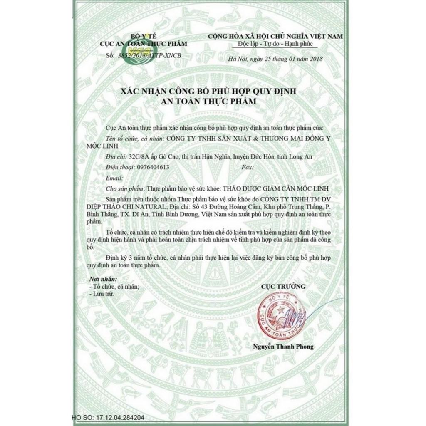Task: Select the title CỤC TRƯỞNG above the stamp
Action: coord(283,287)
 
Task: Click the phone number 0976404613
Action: coord(153,167)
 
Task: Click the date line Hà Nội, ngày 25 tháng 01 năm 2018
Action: coord(275,59)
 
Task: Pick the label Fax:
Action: coord(248,167)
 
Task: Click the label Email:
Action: coord(115,178)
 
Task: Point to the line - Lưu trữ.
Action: coord(101,294)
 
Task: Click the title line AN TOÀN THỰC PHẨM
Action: coord(213,101)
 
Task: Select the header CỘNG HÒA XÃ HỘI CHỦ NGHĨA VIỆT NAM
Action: coord(276,37)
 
